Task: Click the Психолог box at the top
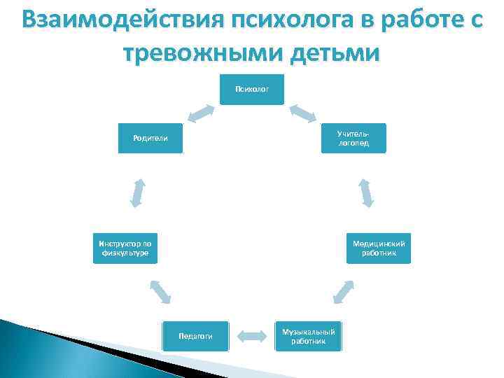pos(252,89)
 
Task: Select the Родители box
pos(150,138)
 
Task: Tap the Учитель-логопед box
pos(353,138)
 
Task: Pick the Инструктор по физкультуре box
pos(125,248)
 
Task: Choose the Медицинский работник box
pos(379,248)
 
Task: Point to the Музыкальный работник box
pos(309,336)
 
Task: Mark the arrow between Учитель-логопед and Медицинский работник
pos(366,192)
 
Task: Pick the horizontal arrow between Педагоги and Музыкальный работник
pos(252,336)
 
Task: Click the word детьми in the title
pos(337,53)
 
